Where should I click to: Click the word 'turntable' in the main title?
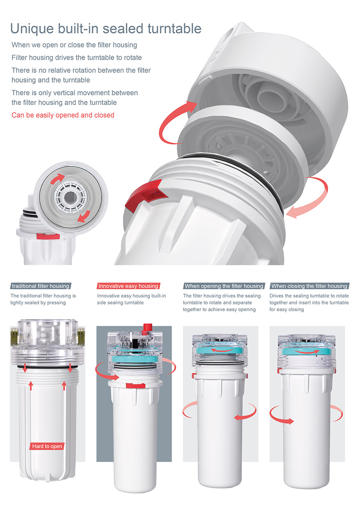[x=175, y=29]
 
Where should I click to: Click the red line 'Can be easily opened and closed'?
[x=63, y=115]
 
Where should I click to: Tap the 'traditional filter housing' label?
[x=41, y=286]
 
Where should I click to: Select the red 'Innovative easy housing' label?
[x=129, y=286]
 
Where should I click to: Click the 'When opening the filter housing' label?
[x=224, y=286]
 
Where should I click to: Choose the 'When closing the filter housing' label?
[x=309, y=286]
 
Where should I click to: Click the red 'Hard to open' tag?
[x=47, y=447]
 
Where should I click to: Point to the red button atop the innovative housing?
[x=148, y=328]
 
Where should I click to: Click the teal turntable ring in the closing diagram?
[x=306, y=351]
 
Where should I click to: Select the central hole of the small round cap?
[x=69, y=197]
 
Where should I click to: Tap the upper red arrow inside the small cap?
[x=57, y=178]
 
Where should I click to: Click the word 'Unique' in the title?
[x=32, y=29]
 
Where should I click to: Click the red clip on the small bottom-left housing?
[x=48, y=236]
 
